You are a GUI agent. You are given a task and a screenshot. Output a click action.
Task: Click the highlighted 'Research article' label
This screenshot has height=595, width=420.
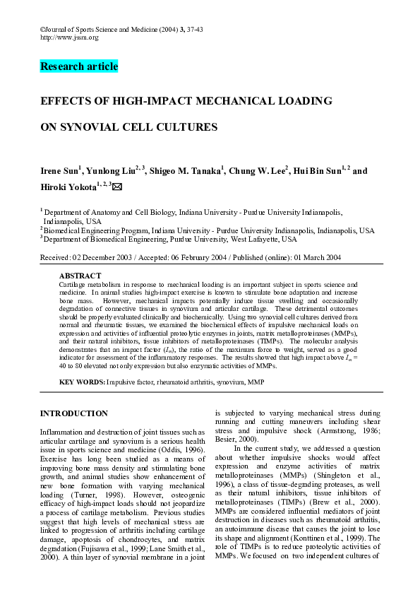tap(79, 67)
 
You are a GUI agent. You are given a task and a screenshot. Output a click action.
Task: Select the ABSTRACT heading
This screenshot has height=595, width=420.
tap(80, 276)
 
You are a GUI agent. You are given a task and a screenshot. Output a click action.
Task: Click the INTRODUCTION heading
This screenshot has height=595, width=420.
tap(74, 413)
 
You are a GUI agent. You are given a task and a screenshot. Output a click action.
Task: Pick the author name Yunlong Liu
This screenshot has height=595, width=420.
tap(110, 172)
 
